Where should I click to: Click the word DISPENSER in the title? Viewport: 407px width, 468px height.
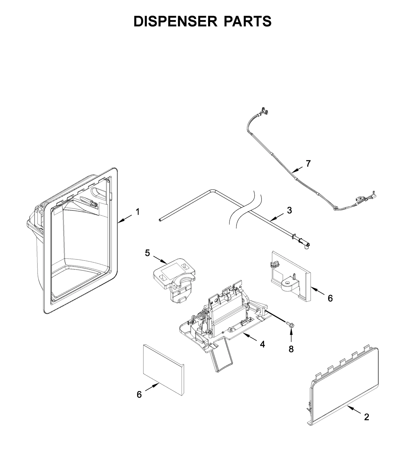[176, 21]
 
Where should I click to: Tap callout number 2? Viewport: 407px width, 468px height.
[367, 417]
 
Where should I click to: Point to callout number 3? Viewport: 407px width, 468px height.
[289, 210]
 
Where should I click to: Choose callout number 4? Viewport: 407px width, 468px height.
[262, 344]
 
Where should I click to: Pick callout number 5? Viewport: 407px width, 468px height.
[148, 253]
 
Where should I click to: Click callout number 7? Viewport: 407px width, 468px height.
[308, 164]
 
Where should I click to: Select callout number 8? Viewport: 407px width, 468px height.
[291, 349]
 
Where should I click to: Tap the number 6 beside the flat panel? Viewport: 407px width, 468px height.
[139, 395]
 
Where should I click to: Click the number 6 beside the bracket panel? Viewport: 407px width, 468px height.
[330, 298]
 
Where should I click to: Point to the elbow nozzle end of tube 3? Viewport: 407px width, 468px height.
[307, 245]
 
